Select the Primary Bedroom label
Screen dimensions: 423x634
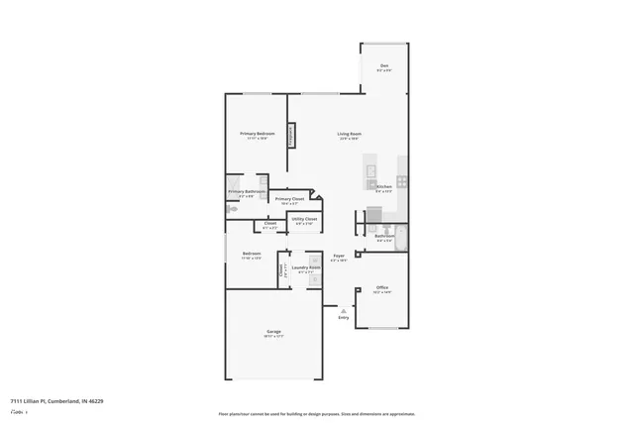pos(257,134)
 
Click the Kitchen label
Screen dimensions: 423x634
pos(384,187)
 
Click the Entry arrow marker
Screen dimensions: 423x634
pos(344,312)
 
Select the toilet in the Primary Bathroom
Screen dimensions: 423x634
pos(231,209)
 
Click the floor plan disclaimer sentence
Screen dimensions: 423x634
pos(317,415)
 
